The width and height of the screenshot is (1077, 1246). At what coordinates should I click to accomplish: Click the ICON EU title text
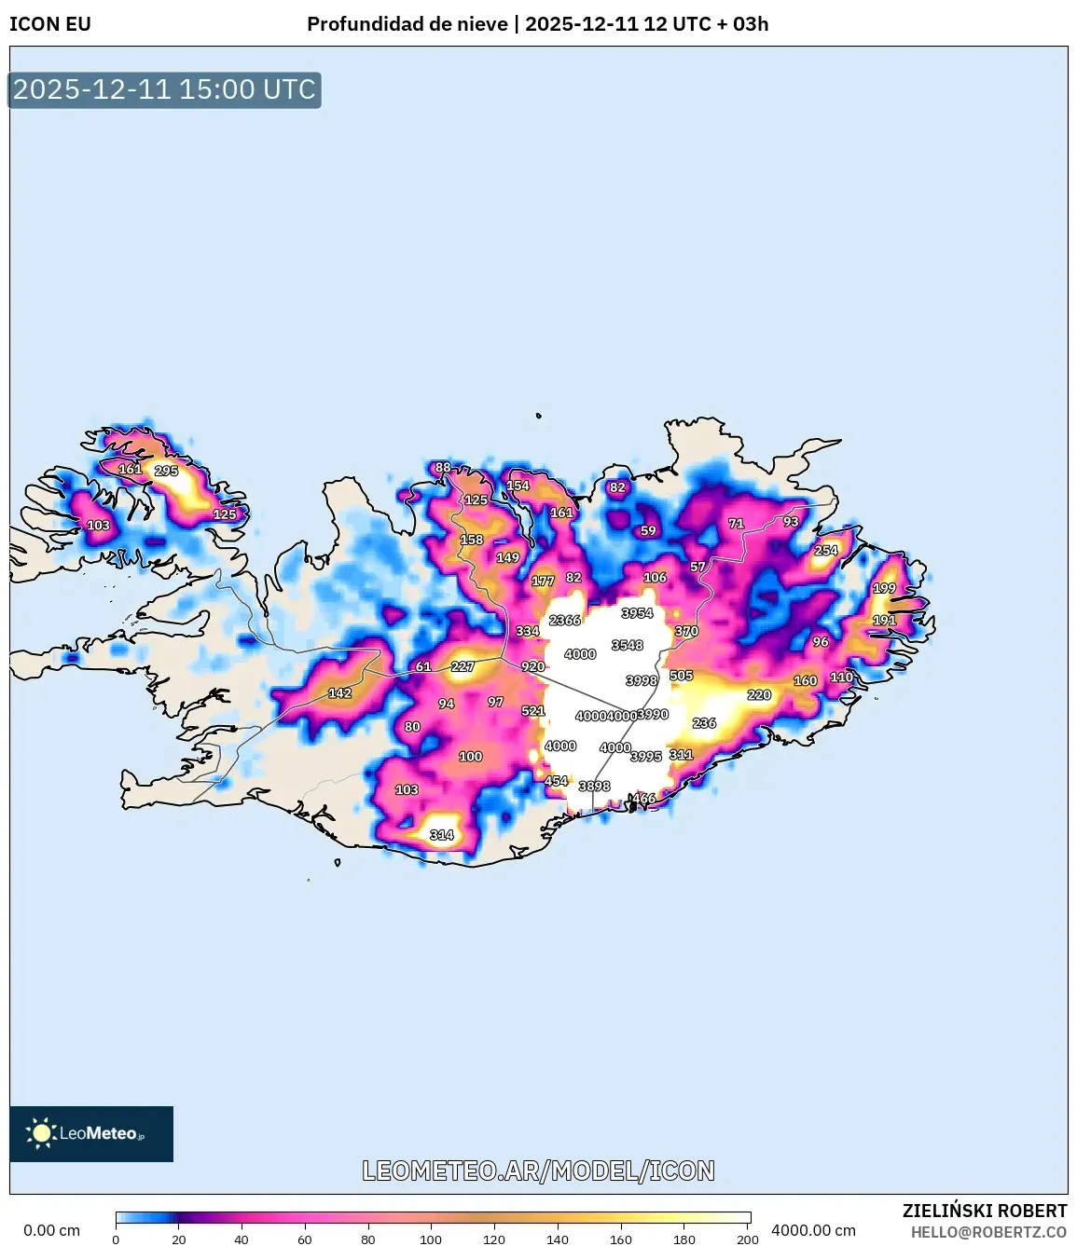click(50, 24)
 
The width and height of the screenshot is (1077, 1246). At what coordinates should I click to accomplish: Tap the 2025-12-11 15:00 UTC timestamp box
click(164, 89)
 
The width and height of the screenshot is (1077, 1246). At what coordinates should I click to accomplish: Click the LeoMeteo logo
click(91, 1133)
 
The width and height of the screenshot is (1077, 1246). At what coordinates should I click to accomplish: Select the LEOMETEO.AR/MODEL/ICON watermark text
click(538, 1171)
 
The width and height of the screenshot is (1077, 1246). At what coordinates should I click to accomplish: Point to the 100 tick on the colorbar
click(431, 1239)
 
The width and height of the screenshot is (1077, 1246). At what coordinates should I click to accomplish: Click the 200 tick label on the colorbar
click(747, 1239)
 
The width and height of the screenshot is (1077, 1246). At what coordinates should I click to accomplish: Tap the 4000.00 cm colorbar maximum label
click(813, 1230)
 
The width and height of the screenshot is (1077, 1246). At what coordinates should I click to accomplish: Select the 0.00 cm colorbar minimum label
click(51, 1230)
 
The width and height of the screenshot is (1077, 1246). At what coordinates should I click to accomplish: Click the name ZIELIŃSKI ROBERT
click(984, 1211)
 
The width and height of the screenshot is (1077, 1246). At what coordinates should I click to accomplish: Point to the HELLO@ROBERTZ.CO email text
click(988, 1232)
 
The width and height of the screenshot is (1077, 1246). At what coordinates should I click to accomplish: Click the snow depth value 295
click(166, 471)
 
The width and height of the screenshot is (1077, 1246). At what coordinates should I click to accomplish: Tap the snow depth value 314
click(442, 835)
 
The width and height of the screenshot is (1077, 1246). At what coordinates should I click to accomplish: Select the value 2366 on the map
click(565, 620)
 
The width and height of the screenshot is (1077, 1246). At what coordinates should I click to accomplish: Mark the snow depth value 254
click(826, 550)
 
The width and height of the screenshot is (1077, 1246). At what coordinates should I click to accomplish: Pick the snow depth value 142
click(340, 693)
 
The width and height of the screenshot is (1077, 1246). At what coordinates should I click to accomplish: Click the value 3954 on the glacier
click(638, 613)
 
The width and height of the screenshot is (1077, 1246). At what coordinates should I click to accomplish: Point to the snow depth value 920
click(533, 666)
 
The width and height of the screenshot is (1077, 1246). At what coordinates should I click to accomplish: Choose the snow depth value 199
click(884, 588)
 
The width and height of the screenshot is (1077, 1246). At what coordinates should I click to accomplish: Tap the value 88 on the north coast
click(443, 468)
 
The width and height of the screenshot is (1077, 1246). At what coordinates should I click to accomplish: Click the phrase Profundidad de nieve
click(407, 24)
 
